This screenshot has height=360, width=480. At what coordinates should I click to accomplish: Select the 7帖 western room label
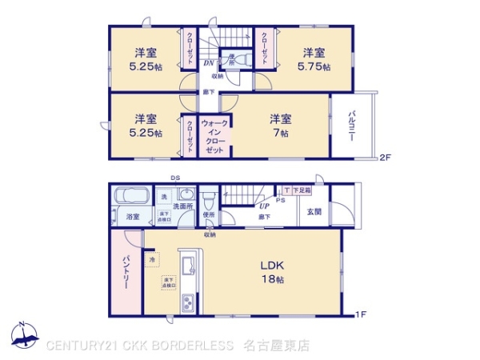click(279, 126)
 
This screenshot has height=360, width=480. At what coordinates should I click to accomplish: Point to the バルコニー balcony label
click(351, 127)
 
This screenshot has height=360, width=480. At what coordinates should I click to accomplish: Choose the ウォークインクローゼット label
click(214, 137)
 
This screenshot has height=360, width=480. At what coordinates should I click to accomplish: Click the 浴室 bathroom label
click(132, 217)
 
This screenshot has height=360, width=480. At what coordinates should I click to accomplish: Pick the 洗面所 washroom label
click(184, 207)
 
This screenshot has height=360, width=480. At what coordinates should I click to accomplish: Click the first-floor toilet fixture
click(208, 198)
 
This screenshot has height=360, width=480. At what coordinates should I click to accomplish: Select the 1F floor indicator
click(362, 314)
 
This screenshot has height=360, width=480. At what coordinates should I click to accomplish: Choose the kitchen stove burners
click(190, 303)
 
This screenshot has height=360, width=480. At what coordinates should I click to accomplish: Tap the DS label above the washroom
click(174, 178)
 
